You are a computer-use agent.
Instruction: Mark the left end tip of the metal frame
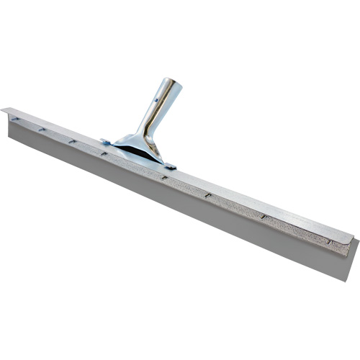[x=4, y=109]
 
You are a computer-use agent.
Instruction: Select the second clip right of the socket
[x=207, y=194]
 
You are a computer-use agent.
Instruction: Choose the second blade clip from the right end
[x=264, y=216]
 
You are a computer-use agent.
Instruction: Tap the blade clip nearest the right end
[x=329, y=241]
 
